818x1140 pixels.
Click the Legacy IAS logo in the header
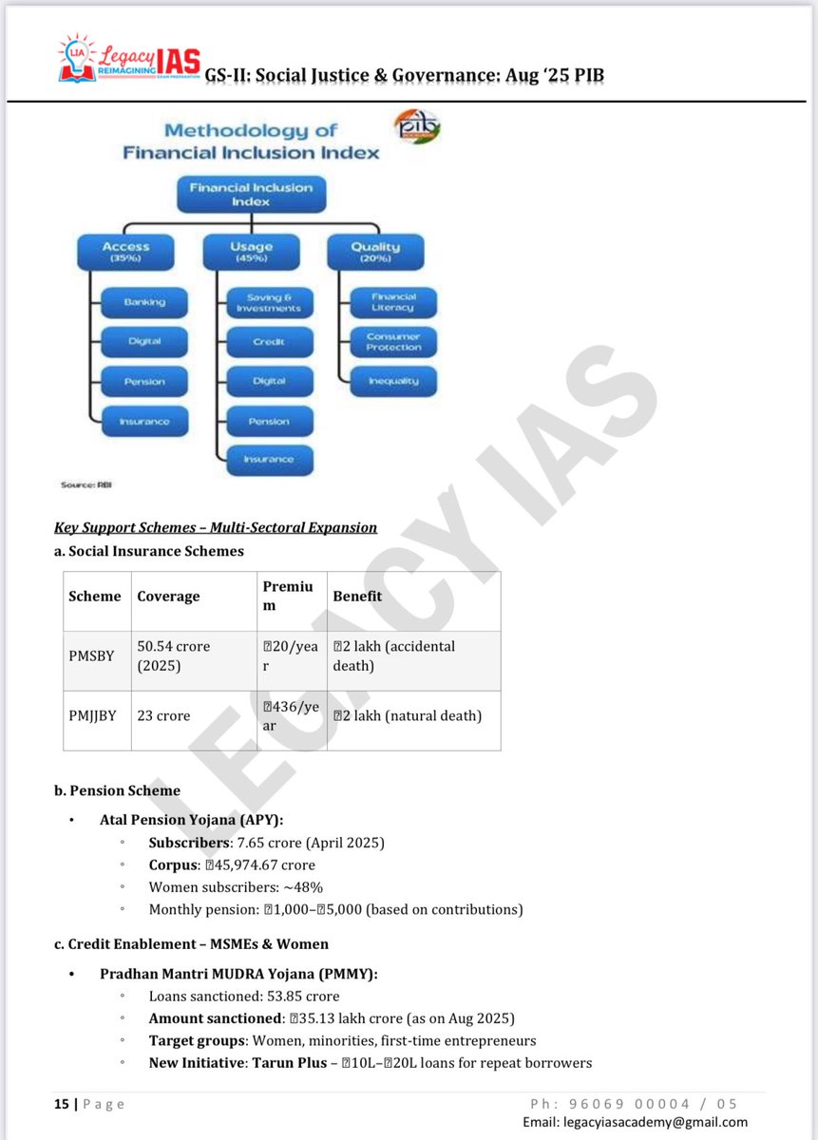coord(127,59)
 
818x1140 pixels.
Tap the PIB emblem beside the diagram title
coord(417,127)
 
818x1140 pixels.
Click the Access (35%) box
coord(125,253)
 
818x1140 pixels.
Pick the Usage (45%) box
coord(250,253)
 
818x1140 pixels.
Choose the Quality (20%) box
coord(375,253)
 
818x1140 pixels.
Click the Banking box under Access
coord(144,302)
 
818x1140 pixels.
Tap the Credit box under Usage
coord(269,342)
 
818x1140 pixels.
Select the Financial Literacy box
coord(393,302)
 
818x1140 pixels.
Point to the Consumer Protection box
coord(393,342)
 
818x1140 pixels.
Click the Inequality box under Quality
coord(393,382)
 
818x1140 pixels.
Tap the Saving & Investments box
coord(269,302)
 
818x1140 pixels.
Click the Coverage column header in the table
coord(168,597)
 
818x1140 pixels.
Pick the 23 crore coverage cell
coord(163,715)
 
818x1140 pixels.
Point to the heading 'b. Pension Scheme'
coord(117,790)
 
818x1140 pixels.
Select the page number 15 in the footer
coord(62,1104)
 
